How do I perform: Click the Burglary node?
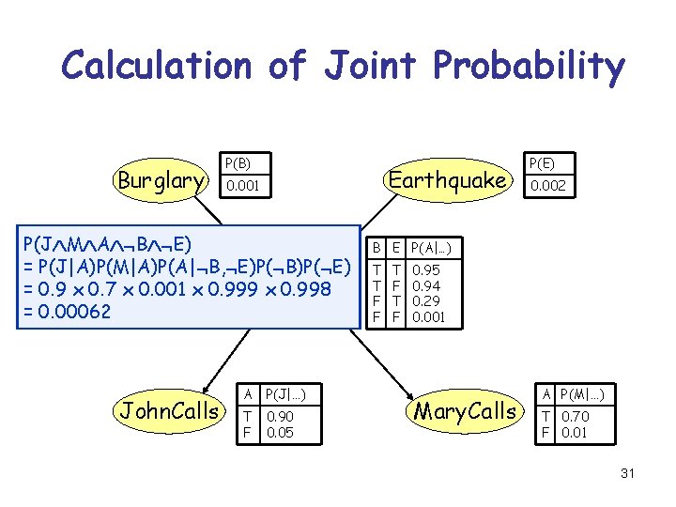tap(161, 180)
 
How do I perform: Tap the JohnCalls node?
tap(168, 410)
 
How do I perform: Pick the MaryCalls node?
tap(466, 410)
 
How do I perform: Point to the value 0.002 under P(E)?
tap(547, 187)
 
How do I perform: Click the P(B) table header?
tap(236, 162)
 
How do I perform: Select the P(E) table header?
tap(542, 162)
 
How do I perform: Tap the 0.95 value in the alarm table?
tap(427, 269)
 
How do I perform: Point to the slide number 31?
tap(627, 473)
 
